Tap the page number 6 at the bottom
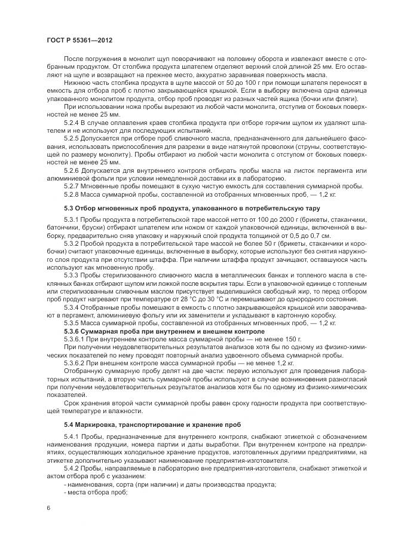47,507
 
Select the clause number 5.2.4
72,122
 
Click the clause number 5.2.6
72,170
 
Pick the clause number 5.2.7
72,185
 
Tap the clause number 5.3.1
72,220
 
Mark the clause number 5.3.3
72,276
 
